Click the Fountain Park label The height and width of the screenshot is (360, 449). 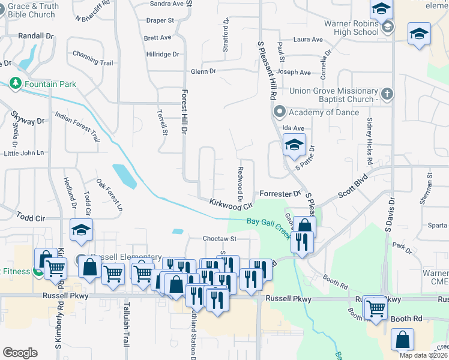(x=50, y=84)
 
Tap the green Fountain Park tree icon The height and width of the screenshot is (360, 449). (x=16, y=83)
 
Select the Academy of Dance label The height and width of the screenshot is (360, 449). (x=324, y=112)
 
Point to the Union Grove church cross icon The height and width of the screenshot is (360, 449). (x=387, y=94)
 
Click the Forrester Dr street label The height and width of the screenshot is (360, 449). (x=280, y=194)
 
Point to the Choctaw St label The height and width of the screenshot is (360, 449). (x=220, y=238)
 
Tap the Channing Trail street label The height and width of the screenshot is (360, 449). (x=92, y=62)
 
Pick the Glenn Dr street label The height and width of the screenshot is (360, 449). (x=203, y=71)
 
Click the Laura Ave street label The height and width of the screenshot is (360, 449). (x=308, y=40)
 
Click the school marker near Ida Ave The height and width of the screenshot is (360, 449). (x=294, y=145)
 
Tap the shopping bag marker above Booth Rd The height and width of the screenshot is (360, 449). (x=402, y=340)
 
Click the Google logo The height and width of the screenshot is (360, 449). (x=20, y=353)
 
